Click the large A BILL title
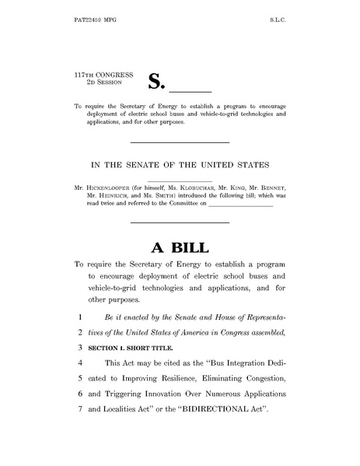180,247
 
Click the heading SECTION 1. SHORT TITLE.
128,348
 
